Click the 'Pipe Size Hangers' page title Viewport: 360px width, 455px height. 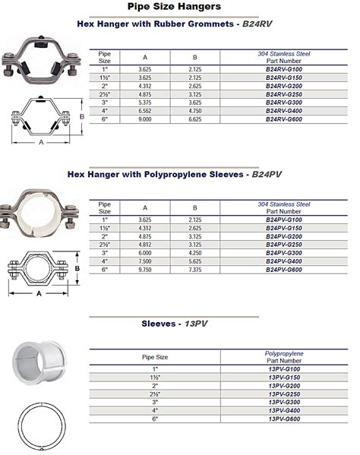[179, 7]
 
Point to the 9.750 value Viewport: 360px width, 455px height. [145, 270]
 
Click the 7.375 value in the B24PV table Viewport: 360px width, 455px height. [195, 270]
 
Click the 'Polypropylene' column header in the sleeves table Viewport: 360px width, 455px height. [284, 353]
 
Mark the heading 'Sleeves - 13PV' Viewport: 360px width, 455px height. [179, 324]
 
